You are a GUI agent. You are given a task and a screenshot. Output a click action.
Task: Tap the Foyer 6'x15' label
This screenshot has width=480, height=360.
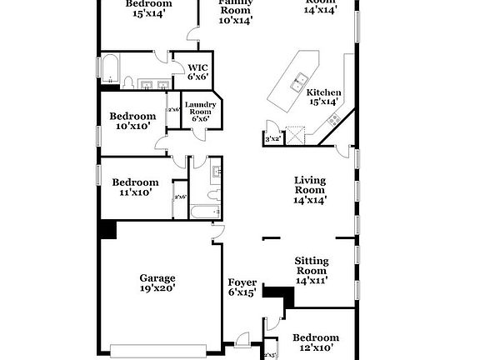pyautogui.click(x=242, y=287)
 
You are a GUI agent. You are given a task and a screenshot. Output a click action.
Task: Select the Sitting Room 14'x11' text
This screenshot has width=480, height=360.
pyautogui.click(x=310, y=271)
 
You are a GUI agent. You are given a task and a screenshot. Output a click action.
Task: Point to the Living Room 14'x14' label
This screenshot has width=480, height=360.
pyautogui.click(x=310, y=189)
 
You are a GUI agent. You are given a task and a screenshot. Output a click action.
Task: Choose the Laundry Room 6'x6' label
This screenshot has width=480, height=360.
pyautogui.click(x=200, y=111)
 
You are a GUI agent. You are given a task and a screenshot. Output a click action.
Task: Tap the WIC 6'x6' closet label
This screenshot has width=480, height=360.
pyautogui.click(x=197, y=72)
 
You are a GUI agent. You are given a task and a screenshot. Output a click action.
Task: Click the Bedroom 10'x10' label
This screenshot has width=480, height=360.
pyautogui.click(x=133, y=121)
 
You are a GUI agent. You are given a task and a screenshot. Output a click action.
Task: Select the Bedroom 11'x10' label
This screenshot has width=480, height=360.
pyautogui.click(x=135, y=187)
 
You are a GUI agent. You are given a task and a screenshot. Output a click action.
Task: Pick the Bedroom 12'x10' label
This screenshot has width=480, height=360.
pyautogui.click(x=315, y=342)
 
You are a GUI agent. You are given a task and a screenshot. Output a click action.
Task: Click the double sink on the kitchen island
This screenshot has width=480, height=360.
pyautogui.click(x=297, y=82)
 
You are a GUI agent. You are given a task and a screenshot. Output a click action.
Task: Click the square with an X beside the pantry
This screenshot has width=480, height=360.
pyautogui.click(x=293, y=137)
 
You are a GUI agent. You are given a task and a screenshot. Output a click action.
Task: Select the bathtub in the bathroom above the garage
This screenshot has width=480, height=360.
pyautogui.click(x=202, y=212)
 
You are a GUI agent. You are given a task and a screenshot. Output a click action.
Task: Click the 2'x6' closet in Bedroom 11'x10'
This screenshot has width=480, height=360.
pyautogui.click(x=178, y=197)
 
